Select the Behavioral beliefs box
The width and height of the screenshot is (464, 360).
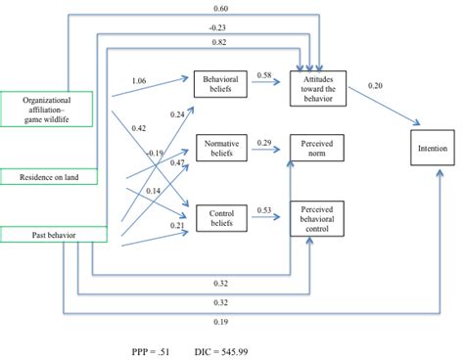[222, 83]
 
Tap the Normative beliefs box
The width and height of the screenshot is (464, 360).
[222, 148]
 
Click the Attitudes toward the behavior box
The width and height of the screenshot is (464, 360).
[316, 83]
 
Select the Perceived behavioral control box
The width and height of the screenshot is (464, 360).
[316, 213]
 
